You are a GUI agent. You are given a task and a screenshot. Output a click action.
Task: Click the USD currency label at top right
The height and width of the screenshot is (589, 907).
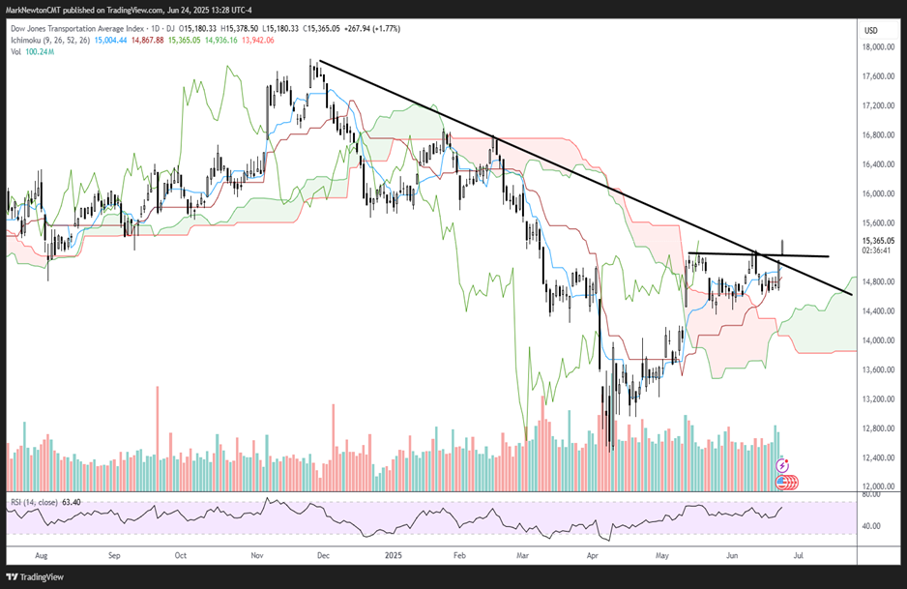(870, 31)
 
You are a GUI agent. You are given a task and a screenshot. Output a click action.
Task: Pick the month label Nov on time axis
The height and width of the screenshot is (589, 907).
(257, 556)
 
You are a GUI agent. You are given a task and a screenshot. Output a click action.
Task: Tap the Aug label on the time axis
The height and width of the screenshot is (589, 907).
(41, 556)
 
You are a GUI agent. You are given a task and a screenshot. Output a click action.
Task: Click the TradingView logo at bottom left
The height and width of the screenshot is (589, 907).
(39, 576)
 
